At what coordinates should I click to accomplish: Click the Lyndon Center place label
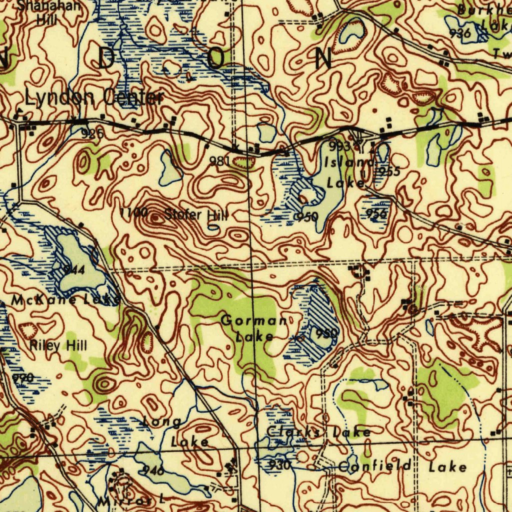(x=94, y=97)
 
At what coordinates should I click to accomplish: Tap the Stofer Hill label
(x=196, y=215)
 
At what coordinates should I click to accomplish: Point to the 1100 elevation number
(x=134, y=213)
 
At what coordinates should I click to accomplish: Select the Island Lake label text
(x=348, y=173)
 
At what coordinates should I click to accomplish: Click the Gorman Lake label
(x=254, y=328)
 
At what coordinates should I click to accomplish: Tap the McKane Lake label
(x=65, y=300)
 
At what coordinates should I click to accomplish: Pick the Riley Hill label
(x=58, y=345)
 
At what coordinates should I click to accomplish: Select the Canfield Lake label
(x=402, y=467)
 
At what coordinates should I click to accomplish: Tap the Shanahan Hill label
(x=48, y=13)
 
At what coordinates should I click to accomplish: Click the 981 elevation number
(x=220, y=161)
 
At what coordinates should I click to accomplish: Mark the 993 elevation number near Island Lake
(x=339, y=146)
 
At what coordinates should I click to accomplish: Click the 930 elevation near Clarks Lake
(x=279, y=465)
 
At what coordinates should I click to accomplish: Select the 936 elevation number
(x=460, y=33)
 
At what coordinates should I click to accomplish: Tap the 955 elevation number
(x=389, y=171)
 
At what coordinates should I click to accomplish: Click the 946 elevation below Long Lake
(x=153, y=469)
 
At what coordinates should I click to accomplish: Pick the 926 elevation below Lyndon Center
(x=93, y=133)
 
